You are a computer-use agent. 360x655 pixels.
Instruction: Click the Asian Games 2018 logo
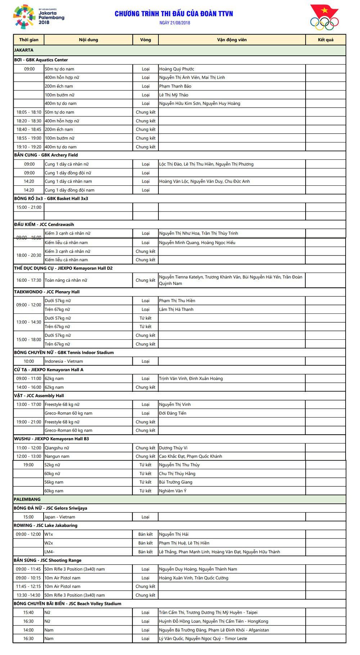coord(39,17)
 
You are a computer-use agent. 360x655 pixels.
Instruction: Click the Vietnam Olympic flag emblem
coord(324,17)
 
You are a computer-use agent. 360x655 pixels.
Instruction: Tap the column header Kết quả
coord(325,40)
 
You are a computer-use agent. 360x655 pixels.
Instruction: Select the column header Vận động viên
coord(232,40)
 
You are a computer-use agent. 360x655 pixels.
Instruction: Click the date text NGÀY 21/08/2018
coord(175,23)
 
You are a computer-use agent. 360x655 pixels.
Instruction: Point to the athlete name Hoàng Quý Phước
coord(177,69)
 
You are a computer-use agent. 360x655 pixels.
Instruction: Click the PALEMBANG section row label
coord(27,500)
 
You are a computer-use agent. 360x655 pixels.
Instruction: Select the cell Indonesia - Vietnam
coord(64,361)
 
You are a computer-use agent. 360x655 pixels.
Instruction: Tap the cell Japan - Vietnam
coord(60,517)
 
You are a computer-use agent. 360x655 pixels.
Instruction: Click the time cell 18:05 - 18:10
coord(29,112)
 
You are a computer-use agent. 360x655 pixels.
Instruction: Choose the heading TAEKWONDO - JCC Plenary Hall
coord(47,292)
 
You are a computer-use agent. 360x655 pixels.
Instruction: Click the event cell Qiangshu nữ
coord(57,448)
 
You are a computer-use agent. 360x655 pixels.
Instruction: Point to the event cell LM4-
coord(50,552)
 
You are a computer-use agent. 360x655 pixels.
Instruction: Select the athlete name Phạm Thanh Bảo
coord(175,86)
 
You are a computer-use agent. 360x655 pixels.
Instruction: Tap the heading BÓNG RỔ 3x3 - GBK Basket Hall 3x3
coord(51,199)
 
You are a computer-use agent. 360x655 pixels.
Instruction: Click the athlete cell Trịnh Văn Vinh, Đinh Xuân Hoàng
coord(191,379)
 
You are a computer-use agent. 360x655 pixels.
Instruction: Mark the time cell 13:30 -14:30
coord(28,595)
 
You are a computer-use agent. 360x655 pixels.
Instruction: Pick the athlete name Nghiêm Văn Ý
coord(173,491)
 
